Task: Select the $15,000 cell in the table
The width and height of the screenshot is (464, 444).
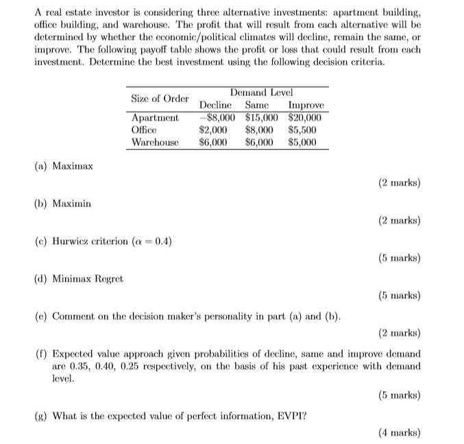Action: point(260,117)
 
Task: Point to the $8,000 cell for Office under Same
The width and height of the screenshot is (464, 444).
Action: point(259,129)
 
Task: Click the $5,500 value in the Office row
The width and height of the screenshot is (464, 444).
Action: point(302,129)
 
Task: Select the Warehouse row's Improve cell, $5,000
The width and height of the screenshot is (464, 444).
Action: point(302,143)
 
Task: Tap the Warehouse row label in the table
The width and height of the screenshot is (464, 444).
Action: point(155,143)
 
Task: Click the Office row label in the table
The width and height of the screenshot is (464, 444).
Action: point(144,129)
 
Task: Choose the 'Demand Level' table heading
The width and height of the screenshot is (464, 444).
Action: point(262,92)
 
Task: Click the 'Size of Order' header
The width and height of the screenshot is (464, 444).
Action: point(159,99)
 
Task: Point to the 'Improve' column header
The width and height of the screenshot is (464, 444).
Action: point(306,106)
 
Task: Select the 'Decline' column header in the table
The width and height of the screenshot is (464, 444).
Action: point(215,106)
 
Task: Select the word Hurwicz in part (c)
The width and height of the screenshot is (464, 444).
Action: point(71,241)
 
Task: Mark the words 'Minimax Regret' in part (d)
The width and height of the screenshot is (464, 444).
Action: point(88,278)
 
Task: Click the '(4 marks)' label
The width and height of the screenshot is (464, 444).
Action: point(400,433)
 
